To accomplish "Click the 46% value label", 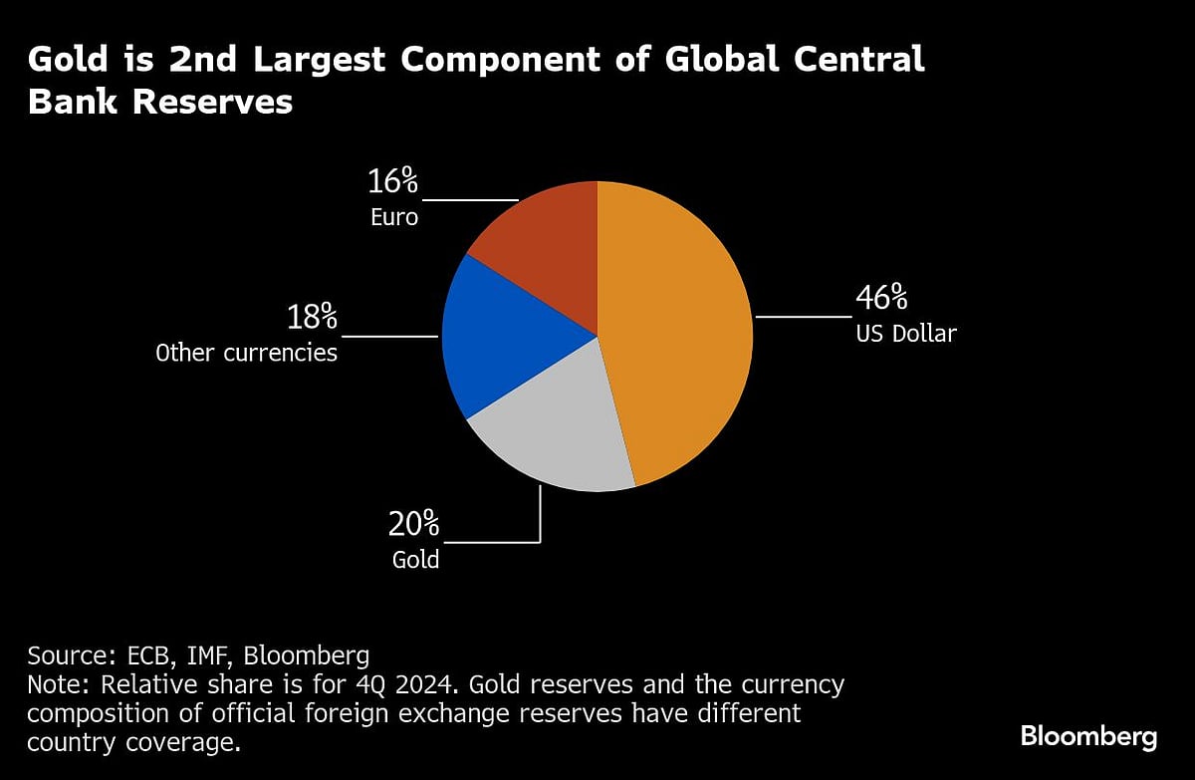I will click(x=881, y=298).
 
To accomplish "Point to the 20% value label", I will click(x=414, y=524).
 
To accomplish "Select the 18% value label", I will click(x=312, y=318).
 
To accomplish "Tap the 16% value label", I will click(x=393, y=181).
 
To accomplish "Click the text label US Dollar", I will click(x=905, y=334).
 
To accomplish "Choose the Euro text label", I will click(x=394, y=216).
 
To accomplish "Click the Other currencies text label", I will click(x=246, y=353).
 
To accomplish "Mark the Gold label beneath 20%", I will click(x=415, y=559).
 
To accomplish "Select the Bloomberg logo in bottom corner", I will click(x=1088, y=737).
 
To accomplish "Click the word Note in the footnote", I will click(x=56, y=685).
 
